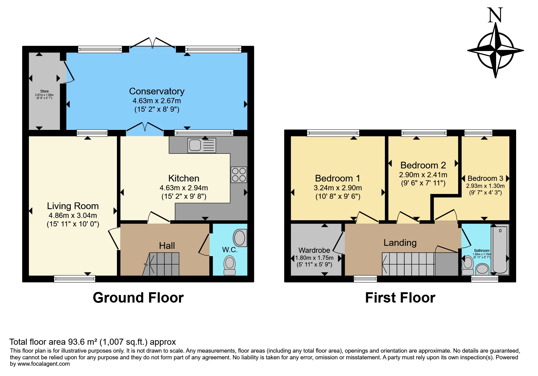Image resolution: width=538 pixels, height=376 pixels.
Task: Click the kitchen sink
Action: click(x=202, y=145)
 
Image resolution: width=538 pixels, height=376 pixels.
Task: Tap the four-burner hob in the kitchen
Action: click(x=239, y=174)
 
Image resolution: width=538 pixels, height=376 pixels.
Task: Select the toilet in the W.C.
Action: click(x=230, y=265)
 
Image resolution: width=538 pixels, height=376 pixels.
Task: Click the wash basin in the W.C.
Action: click(x=240, y=237)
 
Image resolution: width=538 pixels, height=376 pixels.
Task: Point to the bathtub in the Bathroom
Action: click(x=500, y=249)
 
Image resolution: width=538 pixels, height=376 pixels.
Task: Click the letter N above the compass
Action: click(x=495, y=15)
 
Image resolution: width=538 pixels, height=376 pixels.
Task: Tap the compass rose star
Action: click(x=495, y=50)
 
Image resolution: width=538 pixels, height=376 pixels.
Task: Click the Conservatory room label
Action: click(x=157, y=91)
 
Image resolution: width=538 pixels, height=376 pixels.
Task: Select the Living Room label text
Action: click(x=73, y=206)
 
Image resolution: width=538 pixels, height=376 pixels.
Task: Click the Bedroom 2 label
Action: click(x=423, y=165)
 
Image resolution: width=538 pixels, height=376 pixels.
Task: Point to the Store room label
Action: click(x=44, y=91)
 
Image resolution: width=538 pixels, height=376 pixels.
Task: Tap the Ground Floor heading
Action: click(x=138, y=298)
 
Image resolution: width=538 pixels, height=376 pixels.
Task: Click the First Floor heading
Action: click(x=400, y=298)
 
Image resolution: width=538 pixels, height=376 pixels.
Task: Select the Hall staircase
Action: click(x=161, y=264)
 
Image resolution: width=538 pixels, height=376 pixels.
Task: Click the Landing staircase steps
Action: click(x=408, y=264)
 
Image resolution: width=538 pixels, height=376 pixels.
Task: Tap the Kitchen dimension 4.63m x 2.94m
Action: click(x=184, y=188)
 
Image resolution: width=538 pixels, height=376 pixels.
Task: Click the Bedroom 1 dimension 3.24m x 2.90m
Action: click(x=338, y=188)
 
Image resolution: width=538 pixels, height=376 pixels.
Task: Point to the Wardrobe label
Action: click(x=314, y=250)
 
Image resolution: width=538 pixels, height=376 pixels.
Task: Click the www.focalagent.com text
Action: click(x=44, y=364)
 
